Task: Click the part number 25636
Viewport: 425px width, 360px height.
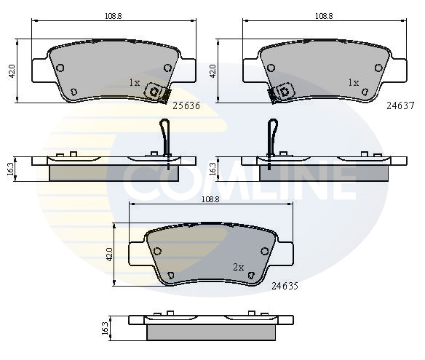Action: point(186,105)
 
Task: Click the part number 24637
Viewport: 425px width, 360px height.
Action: point(400,105)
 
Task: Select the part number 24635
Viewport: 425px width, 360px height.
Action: point(285,286)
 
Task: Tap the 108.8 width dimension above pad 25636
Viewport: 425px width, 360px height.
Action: point(114,16)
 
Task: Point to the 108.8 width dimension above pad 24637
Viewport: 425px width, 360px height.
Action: point(324,16)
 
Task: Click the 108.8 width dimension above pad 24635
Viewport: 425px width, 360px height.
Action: point(210,199)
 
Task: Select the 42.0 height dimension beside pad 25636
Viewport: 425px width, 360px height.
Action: point(12,71)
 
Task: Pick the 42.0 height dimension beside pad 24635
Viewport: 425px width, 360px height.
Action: point(109,254)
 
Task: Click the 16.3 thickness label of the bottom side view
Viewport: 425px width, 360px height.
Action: point(105,328)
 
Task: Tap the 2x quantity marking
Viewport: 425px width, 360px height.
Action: point(239,268)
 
